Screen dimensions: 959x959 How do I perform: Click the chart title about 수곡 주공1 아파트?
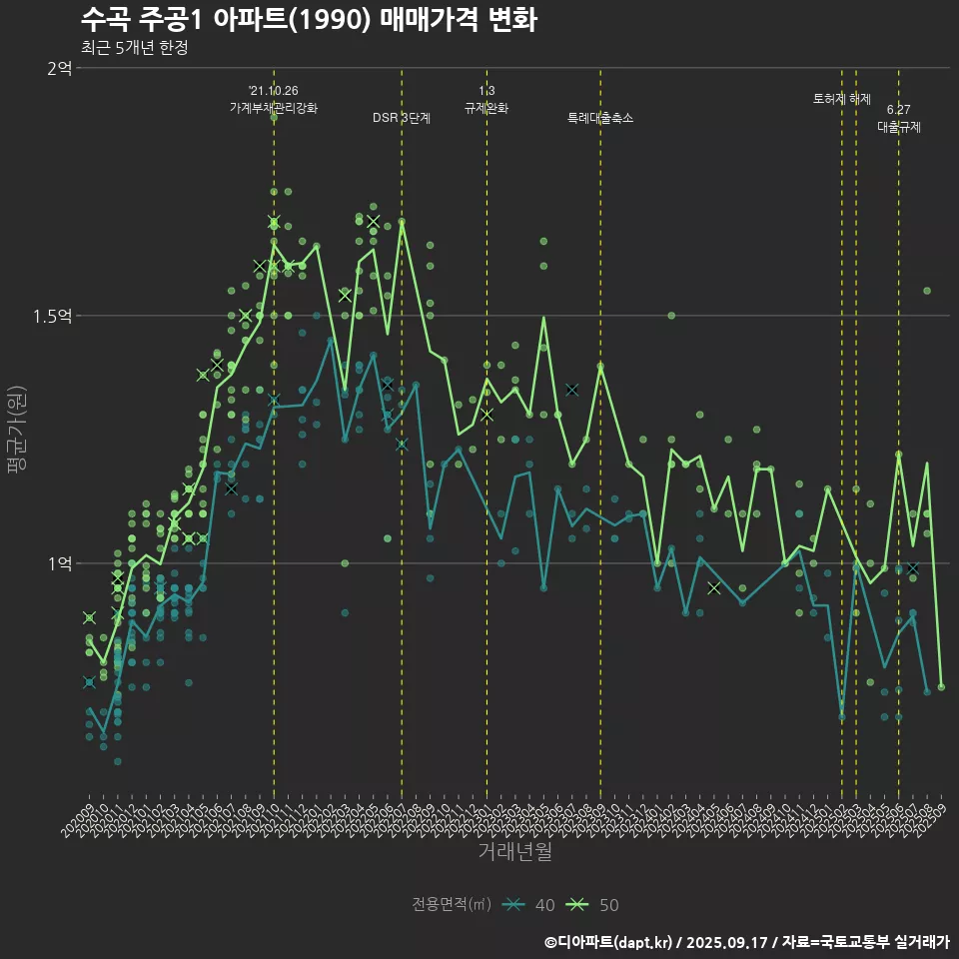(x=309, y=19)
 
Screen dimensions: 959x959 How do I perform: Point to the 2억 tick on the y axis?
(x=59, y=68)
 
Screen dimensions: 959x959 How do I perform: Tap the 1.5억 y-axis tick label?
(x=52, y=316)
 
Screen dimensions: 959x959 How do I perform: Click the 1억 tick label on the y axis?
(x=59, y=563)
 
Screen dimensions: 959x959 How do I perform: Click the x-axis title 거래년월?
(x=514, y=852)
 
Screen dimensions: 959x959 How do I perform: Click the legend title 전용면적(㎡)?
(x=452, y=905)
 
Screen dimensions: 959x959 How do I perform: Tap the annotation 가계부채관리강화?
(x=274, y=108)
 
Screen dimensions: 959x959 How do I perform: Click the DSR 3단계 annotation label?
(x=402, y=118)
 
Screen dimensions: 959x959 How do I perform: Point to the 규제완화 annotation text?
(x=486, y=108)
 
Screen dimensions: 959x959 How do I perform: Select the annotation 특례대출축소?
(x=600, y=118)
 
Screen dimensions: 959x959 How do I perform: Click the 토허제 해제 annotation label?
(x=842, y=99)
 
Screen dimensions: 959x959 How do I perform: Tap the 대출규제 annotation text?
(x=899, y=127)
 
